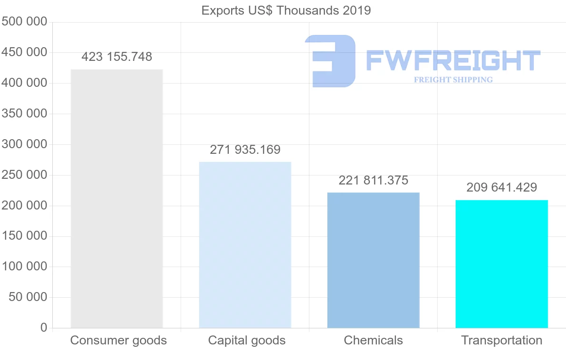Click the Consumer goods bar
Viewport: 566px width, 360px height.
tap(117, 199)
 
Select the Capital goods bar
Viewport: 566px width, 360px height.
tap(245, 245)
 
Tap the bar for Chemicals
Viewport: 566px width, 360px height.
tap(373, 260)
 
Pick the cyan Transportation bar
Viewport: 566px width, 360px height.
tap(501, 264)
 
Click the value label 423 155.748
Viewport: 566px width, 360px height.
tap(117, 57)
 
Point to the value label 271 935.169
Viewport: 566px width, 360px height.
tap(245, 150)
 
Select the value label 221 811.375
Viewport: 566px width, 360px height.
tap(373, 180)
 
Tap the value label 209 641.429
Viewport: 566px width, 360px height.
tap(501, 188)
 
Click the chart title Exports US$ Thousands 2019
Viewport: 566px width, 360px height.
tap(286, 10)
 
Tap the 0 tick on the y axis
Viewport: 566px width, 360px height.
tap(43, 327)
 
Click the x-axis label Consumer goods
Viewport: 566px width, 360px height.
tap(118, 340)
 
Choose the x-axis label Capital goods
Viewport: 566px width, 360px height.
tap(247, 340)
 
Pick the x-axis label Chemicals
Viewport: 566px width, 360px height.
tap(373, 340)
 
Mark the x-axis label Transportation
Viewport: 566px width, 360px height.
tap(501, 340)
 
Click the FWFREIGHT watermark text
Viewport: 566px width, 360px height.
tap(453, 60)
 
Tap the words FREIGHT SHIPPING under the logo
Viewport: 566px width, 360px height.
tap(453, 80)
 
